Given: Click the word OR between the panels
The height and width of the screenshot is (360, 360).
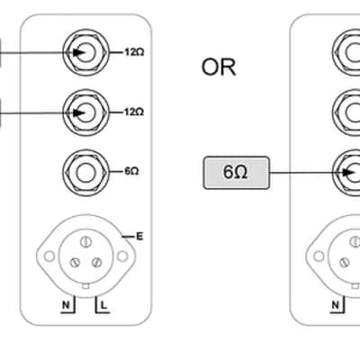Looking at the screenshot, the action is pyautogui.click(x=219, y=67).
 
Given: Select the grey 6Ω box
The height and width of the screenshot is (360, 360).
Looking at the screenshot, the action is pyautogui.click(x=237, y=173).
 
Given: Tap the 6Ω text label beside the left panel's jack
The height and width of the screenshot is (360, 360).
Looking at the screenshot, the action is pyautogui.click(x=131, y=171).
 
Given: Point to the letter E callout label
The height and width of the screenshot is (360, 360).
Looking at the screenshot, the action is pyautogui.click(x=139, y=237).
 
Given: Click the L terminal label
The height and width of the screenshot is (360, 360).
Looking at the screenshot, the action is pyautogui.click(x=103, y=306).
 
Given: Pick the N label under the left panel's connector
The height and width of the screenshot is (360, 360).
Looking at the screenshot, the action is pyautogui.click(x=66, y=305).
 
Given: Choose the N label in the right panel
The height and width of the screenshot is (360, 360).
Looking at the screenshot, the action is pyautogui.click(x=336, y=305).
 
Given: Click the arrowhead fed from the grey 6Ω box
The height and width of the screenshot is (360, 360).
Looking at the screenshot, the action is pyautogui.click(x=349, y=173).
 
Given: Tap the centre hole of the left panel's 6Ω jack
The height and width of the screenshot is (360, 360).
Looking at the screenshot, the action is pyautogui.click(x=85, y=173).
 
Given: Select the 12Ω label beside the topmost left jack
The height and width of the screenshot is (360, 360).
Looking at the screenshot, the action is pyautogui.click(x=134, y=52).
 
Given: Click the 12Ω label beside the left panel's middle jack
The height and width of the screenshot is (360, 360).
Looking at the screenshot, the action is pyautogui.click(x=134, y=112).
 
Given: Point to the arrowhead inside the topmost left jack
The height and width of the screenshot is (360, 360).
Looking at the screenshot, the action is pyautogui.click(x=79, y=52).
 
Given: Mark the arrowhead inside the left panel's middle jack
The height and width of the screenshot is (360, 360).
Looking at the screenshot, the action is pyautogui.click(x=79, y=113).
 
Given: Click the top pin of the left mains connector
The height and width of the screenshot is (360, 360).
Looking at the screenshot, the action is pyautogui.click(x=85, y=242).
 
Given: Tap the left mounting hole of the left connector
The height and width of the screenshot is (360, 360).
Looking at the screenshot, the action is pyautogui.click(x=49, y=256).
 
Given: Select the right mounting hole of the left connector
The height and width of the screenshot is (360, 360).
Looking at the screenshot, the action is pyautogui.click(x=122, y=256).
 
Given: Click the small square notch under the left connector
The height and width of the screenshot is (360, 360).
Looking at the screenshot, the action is pyautogui.click(x=85, y=286).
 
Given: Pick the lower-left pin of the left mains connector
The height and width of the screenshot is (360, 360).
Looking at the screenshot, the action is pyautogui.click(x=75, y=263).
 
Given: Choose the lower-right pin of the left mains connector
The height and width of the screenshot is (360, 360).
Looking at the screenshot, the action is pyautogui.click(x=96, y=263).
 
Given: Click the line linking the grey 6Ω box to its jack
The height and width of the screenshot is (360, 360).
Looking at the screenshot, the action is pyautogui.click(x=307, y=173).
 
